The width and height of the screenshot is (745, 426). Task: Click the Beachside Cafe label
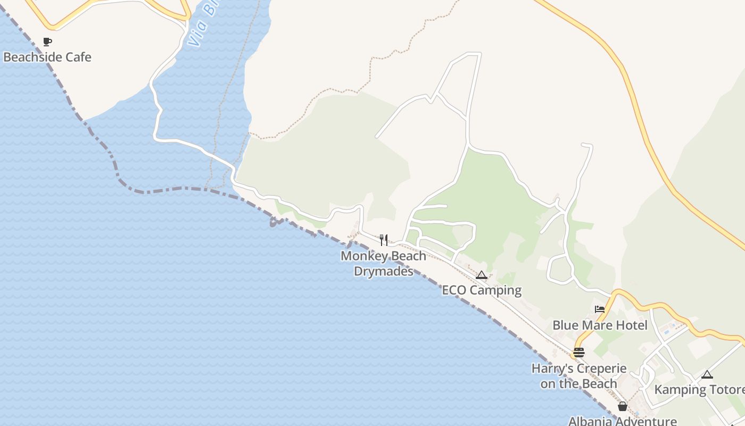click(x=47, y=57)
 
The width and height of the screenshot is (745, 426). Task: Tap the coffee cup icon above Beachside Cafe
click(x=47, y=42)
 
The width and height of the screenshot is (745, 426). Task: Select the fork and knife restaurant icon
click(x=384, y=240)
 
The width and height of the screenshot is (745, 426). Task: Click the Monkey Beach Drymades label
click(x=384, y=264)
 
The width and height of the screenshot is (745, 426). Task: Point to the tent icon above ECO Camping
click(x=482, y=275)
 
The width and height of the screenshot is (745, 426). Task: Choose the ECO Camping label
click(x=482, y=290)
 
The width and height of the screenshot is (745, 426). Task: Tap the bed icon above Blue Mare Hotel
click(x=600, y=309)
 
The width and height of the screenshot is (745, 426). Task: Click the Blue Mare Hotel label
click(x=600, y=325)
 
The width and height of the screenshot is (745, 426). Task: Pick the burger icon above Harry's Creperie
click(x=579, y=353)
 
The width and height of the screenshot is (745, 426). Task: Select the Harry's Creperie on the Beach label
click(x=579, y=376)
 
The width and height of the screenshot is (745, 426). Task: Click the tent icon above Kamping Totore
click(x=707, y=374)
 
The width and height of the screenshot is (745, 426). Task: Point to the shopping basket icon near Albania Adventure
click(x=623, y=406)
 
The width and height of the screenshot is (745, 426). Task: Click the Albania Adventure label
click(x=623, y=421)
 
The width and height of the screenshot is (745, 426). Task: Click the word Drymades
click(x=384, y=271)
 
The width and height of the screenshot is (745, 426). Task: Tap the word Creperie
click(x=599, y=368)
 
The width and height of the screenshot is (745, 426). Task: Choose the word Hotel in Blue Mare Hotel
click(x=632, y=325)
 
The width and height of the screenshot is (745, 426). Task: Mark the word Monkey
click(x=361, y=256)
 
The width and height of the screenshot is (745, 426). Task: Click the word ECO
click(x=454, y=290)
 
